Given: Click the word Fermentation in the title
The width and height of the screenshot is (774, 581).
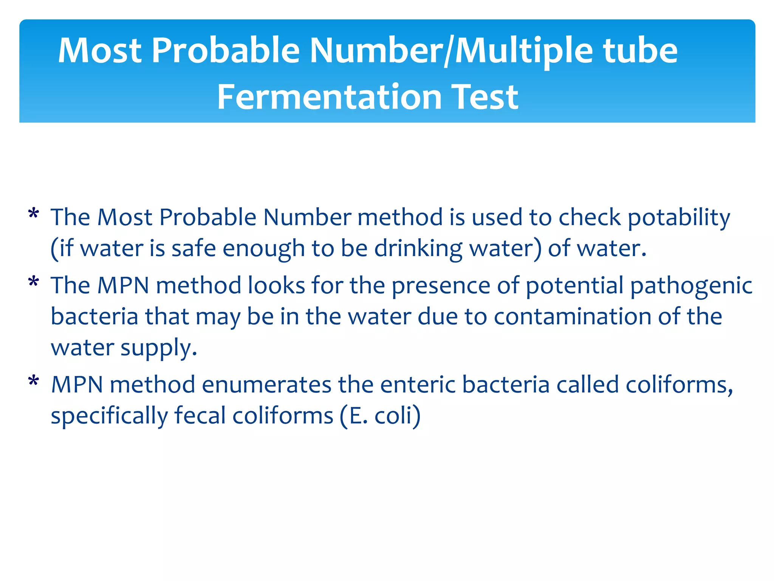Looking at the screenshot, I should coord(329,97).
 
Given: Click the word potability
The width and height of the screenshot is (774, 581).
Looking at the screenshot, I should coord(679,218).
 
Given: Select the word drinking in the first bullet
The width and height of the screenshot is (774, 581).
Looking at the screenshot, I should coord(418,249).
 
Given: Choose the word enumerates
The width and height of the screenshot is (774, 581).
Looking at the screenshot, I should coord(266,385).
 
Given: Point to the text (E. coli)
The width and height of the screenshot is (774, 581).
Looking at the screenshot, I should coord(380,416).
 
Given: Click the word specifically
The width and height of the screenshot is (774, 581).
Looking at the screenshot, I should coord(109,416).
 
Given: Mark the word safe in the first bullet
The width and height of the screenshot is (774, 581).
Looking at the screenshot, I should coord(193,249).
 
